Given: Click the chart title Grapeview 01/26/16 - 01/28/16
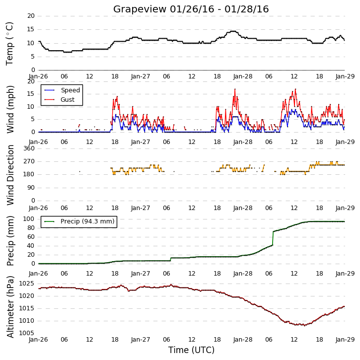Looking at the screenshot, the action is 191,9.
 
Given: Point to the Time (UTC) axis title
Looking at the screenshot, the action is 191,350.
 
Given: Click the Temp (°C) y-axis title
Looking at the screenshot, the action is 9,44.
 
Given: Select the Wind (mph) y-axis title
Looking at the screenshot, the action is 10,109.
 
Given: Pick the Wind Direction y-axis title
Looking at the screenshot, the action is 10,175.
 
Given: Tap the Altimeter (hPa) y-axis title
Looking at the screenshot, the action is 10,307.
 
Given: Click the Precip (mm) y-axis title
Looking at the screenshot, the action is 10,241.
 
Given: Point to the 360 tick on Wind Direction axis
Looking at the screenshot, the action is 29,148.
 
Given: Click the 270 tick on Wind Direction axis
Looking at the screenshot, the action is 29,161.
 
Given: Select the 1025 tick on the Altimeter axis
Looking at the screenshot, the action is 26,284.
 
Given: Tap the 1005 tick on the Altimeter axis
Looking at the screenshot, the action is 26,333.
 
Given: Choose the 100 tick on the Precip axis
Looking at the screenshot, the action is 29,219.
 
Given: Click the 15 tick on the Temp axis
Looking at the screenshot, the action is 31,29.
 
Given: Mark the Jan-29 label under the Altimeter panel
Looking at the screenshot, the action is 345,339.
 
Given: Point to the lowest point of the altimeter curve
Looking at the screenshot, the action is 305,325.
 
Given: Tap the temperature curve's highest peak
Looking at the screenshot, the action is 233,31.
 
